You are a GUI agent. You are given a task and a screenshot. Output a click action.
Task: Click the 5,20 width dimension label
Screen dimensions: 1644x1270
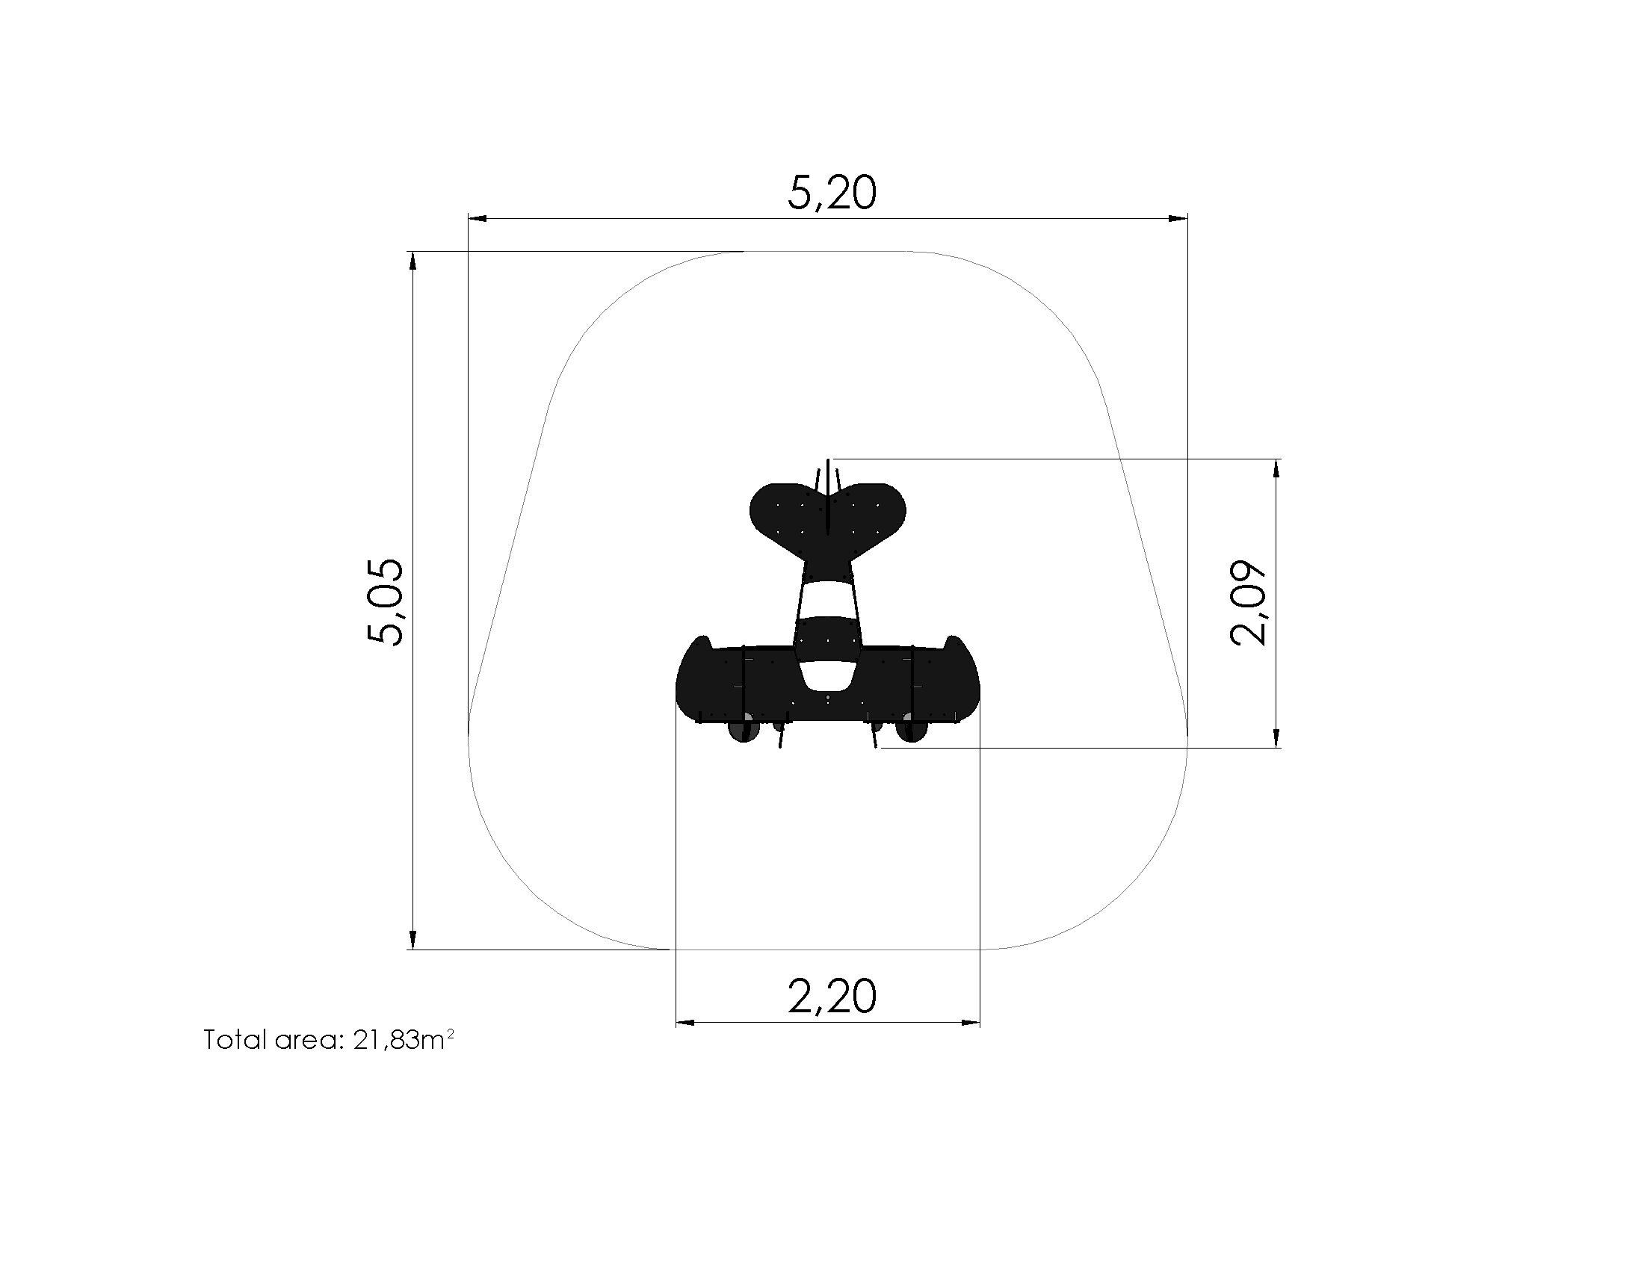pyautogui.click(x=832, y=193)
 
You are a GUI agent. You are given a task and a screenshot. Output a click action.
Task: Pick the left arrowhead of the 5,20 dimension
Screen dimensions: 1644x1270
pyautogui.click(x=478, y=218)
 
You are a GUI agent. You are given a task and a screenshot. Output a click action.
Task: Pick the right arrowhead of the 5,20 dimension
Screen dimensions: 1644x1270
pyautogui.click(x=1178, y=218)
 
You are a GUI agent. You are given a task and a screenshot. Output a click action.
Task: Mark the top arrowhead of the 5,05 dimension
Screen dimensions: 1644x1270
pyautogui.click(x=412, y=261)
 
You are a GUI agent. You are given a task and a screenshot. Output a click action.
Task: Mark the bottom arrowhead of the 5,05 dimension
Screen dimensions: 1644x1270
pyautogui.click(x=412, y=940)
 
